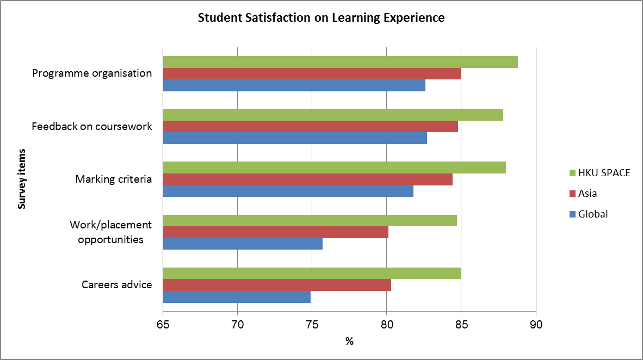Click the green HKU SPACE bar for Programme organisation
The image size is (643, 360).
pyautogui.click(x=340, y=62)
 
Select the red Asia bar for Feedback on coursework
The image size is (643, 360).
pyautogui.click(x=310, y=127)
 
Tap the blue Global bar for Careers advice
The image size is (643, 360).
pyautogui.click(x=237, y=297)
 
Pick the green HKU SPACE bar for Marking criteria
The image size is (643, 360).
pyautogui.click(x=334, y=167)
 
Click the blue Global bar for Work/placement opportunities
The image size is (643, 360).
pyautogui.click(x=243, y=244)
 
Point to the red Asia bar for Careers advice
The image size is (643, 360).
pyautogui.click(x=277, y=285)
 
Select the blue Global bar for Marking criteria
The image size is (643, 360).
pyautogui.click(x=288, y=191)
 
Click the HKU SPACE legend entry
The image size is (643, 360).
pyautogui.click(x=596, y=173)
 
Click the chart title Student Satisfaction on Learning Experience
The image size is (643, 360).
pyautogui.click(x=321, y=18)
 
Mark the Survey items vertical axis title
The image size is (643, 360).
pyautogui.click(x=22, y=179)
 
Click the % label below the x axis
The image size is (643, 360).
pyautogui.click(x=349, y=342)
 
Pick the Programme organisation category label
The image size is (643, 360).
pyautogui.click(x=92, y=73)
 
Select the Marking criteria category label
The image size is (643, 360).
pyautogui.click(x=113, y=179)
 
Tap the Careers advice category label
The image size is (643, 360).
pyautogui.click(x=116, y=285)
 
